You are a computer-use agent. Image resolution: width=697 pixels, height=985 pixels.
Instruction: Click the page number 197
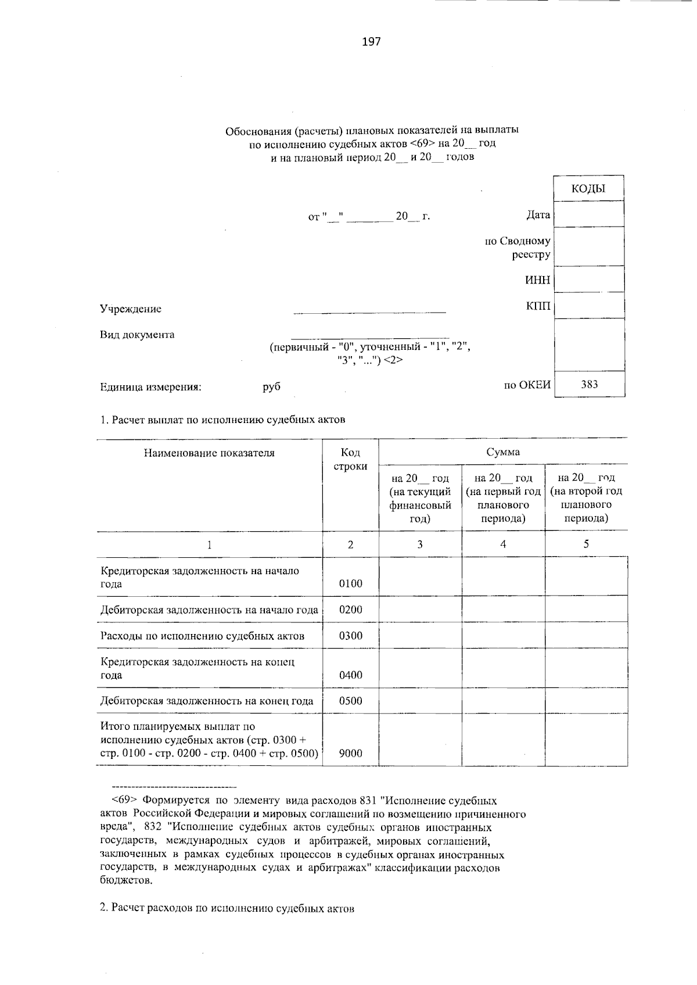(x=371, y=41)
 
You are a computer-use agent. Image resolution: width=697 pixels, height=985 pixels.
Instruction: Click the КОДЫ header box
(x=588, y=188)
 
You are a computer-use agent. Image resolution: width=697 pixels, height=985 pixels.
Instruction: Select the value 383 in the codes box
(x=589, y=384)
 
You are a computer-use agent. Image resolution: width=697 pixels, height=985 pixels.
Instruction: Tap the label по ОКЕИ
(x=527, y=384)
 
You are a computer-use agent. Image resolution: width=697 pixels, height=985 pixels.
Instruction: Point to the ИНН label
(x=537, y=280)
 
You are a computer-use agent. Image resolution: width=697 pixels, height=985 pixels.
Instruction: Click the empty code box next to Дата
(x=589, y=214)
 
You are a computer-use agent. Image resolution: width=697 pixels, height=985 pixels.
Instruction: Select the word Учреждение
(x=131, y=309)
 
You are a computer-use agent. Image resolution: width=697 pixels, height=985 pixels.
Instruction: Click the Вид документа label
(x=137, y=335)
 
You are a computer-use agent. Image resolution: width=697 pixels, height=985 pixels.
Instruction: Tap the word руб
(x=271, y=386)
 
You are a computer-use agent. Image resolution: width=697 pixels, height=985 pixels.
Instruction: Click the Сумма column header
(x=503, y=452)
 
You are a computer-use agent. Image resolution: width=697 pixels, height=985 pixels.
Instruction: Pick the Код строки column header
(x=350, y=459)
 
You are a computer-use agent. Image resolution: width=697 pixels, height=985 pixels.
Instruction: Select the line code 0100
(x=350, y=583)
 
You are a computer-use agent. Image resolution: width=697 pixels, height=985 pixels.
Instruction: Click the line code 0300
(x=350, y=636)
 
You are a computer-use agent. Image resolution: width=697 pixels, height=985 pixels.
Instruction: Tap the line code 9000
(x=350, y=754)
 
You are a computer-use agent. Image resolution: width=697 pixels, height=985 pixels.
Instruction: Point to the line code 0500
(x=350, y=701)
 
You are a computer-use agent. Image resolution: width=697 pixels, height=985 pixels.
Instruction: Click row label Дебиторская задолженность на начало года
(x=209, y=610)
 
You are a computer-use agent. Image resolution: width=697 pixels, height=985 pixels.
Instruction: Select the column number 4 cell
(x=503, y=545)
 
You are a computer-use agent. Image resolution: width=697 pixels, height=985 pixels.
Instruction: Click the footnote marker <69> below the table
(x=124, y=801)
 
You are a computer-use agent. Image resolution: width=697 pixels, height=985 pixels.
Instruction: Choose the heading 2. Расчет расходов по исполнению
(x=227, y=908)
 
